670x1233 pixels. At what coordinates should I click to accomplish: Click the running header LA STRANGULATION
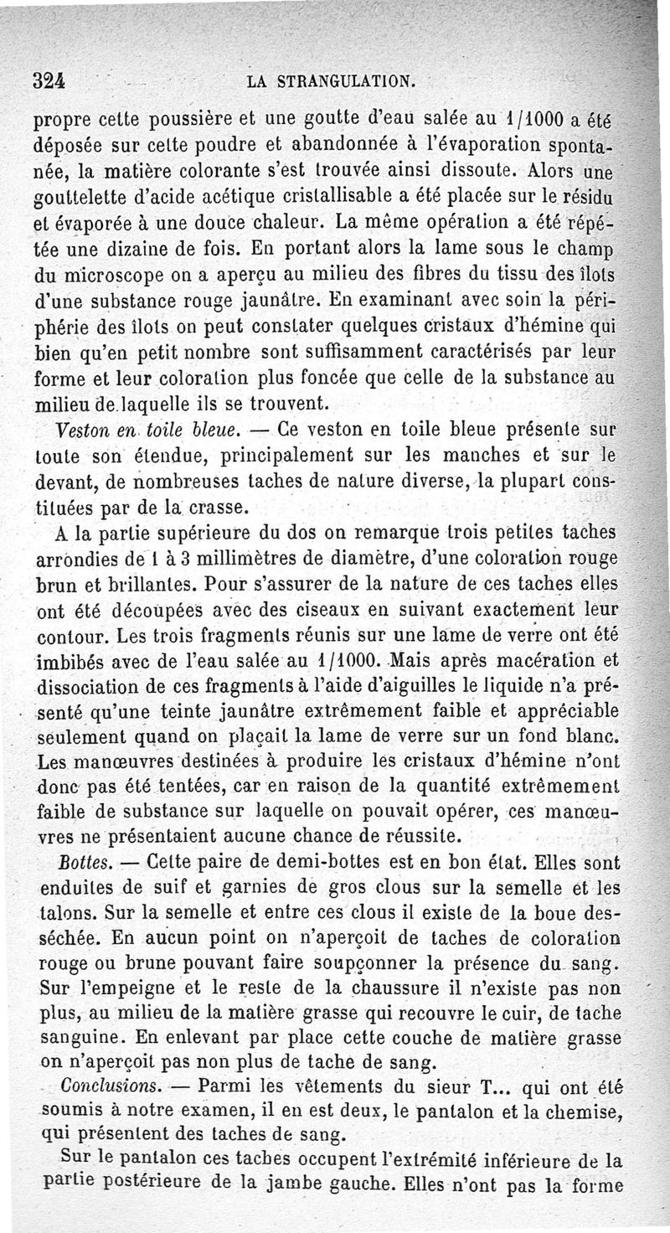[x=332, y=82]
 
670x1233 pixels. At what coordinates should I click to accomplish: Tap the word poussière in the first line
[x=183, y=121]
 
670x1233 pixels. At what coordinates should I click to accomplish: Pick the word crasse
[x=201, y=507]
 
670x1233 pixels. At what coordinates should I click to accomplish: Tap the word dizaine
[x=129, y=250]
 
